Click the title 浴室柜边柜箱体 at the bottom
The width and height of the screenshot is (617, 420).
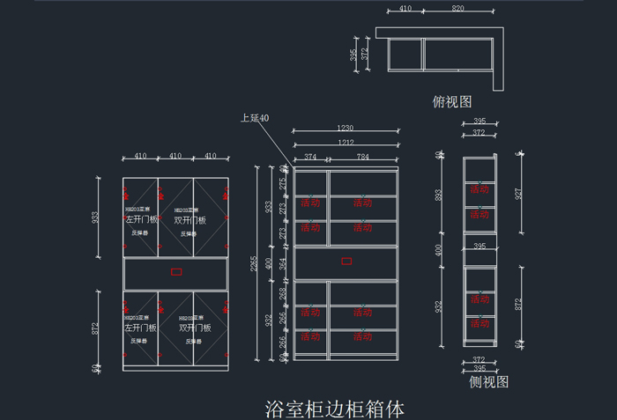click(x=334, y=409)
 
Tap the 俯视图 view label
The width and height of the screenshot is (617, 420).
click(x=452, y=102)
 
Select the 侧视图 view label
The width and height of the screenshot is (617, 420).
click(x=489, y=382)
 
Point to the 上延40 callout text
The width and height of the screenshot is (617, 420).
click(x=255, y=118)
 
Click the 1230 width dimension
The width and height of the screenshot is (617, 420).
click(x=346, y=129)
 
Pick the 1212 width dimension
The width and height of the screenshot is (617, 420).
click(x=346, y=143)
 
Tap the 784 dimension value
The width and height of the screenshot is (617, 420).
click(x=363, y=158)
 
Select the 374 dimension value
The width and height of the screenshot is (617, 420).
click(x=310, y=158)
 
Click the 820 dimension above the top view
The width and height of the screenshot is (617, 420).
click(x=458, y=8)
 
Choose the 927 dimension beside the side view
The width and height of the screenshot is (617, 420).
click(x=519, y=193)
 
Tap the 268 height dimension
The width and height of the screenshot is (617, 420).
click(x=283, y=291)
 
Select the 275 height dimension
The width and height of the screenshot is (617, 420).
click(x=283, y=184)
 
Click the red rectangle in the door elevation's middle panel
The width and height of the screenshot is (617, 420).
click(x=175, y=272)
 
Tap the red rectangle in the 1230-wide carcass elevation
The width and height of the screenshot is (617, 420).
click(x=346, y=261)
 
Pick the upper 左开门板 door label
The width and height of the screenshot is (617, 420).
click(x=141, y=220)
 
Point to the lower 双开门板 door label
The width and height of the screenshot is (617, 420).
click(x=191, y=327)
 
